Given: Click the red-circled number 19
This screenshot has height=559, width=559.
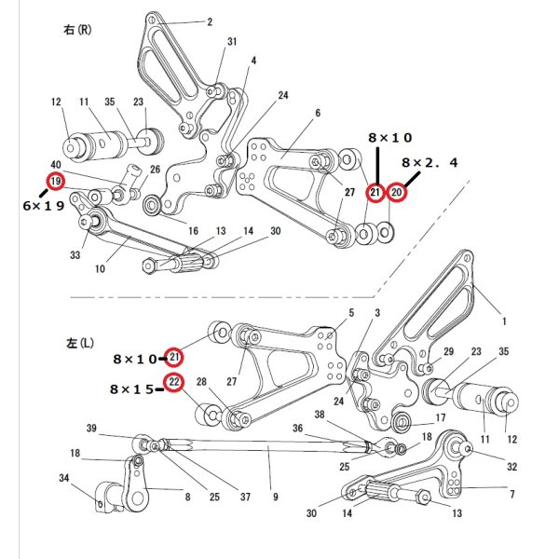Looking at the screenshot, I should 55,180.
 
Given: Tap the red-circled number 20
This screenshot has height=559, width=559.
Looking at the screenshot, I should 396,193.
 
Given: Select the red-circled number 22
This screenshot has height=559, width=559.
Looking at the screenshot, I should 174,381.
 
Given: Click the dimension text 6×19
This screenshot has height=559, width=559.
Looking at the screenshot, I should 42,207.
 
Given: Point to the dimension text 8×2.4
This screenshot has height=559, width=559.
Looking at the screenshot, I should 429,163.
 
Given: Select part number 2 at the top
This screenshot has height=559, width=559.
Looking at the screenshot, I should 210,21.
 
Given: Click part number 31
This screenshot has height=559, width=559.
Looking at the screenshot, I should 232,42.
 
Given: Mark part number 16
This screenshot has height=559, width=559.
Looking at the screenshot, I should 193,230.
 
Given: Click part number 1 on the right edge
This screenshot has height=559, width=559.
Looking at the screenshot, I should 505,320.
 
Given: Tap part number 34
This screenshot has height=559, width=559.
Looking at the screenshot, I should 63,478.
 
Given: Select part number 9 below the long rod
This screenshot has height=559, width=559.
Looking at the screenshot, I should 276,498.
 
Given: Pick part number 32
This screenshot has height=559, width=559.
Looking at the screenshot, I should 511,467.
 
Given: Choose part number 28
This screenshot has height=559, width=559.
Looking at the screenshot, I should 200,382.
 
